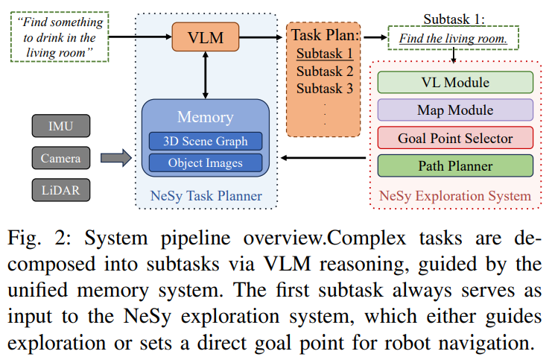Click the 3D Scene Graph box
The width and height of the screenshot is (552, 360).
click(206, 140)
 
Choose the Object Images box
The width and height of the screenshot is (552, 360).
click(206, 162)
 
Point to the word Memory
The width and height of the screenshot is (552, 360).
click(206, 117)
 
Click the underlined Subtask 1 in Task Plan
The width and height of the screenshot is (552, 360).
click(324, 53)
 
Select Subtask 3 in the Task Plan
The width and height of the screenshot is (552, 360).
click(324, 89)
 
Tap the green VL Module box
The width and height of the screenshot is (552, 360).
click(455, 83)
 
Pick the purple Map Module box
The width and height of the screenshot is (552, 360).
click(455, 110)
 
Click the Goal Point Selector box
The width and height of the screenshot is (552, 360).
click(455, 138)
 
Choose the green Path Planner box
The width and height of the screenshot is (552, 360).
click(455, 165)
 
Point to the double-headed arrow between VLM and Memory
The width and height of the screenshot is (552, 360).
click(205, 75)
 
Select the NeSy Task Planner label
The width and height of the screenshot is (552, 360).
click(206, 196)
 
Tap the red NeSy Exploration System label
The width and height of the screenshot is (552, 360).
click(455, 196)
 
